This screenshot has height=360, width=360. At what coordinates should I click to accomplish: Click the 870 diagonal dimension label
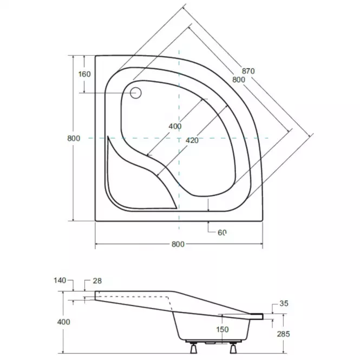click(x=248, y=71)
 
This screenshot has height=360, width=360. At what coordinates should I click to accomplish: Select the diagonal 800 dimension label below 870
click(x=239, y=80)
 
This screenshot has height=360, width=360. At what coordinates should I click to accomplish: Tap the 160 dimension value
click(x=84, y=74)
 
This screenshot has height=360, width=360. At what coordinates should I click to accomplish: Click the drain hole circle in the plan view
click(x=136, y=93)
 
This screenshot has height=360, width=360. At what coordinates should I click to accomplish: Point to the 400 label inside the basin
click(x=175, y=126)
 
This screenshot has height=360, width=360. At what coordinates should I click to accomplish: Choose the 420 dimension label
click(x=192, y=140)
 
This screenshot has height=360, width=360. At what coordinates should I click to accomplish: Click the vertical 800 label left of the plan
click(x=74, y=138)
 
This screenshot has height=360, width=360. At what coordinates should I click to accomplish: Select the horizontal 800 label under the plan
click(x=178, y=244)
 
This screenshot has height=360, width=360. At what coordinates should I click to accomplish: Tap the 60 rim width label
click(x=222, y=233)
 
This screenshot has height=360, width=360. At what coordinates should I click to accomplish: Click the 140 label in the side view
click(x=60, y=280)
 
